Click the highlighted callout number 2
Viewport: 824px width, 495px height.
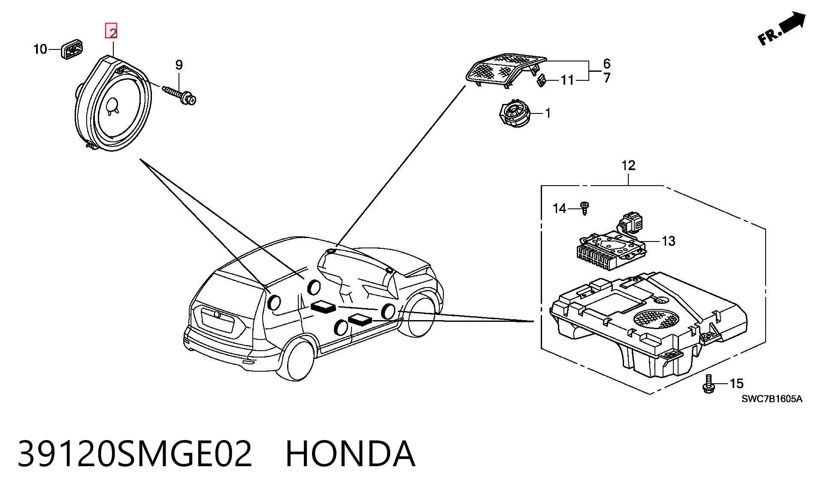tap(112, 31)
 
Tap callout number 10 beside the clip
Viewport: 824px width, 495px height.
tap(40, 49)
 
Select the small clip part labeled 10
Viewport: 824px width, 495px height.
tap(72, 49)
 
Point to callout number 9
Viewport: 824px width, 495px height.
tap(179, 65)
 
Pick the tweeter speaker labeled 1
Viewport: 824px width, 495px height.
tap(514, 113)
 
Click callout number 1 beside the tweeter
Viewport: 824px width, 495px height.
tap(548, 113)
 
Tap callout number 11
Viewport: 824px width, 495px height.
tap(567, 80)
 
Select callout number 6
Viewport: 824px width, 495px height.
tap(607, 64)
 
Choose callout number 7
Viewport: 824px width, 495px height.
tap(607, 78)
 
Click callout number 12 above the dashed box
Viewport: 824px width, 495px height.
tap(628, 165)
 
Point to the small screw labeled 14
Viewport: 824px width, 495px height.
tap(584, 208)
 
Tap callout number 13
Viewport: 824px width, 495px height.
tap(669, 241)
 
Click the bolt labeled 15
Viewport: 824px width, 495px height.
tap(709, 383)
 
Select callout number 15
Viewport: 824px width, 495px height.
tap(736, 383)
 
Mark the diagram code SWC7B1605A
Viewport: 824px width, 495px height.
tap(772, 399)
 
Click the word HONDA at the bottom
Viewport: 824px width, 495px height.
tap(350, 454)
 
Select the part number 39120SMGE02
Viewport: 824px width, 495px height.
tap(135, 454)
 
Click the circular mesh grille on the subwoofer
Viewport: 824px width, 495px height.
tap(657, 319)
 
